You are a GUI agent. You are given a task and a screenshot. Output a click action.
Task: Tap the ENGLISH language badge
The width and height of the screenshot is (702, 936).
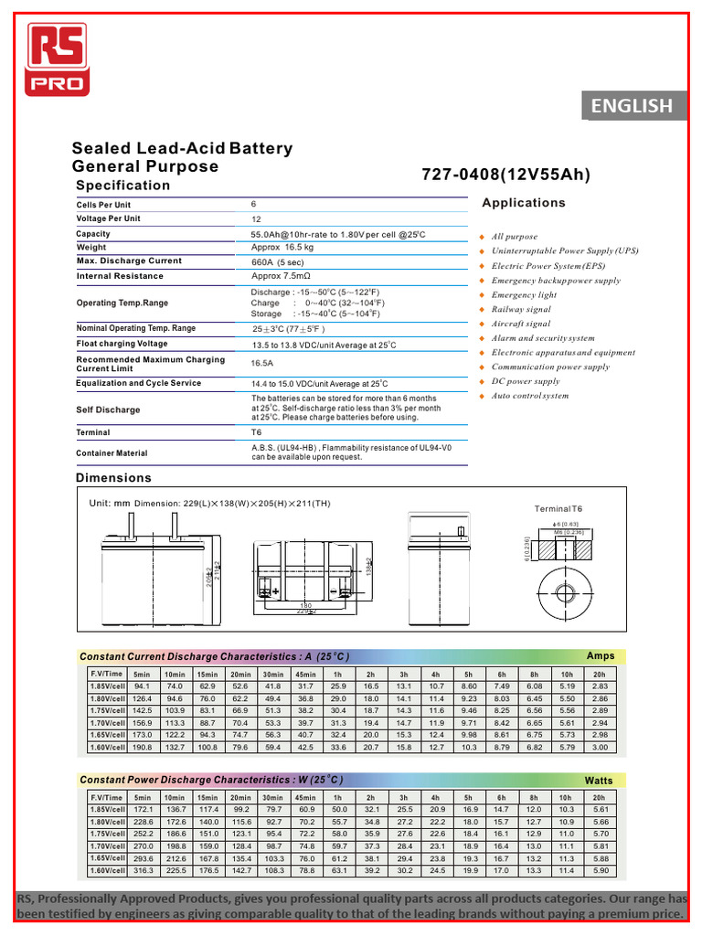[631, 106]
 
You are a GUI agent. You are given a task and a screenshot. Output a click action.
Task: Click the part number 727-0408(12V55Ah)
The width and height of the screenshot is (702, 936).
[505, 175]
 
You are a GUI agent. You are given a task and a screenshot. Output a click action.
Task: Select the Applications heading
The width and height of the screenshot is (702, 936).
[524, 203]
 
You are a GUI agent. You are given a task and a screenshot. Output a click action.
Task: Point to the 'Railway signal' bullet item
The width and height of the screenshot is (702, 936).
[521, 310]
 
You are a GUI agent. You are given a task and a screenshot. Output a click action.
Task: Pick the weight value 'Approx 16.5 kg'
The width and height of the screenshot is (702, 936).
[282, 248]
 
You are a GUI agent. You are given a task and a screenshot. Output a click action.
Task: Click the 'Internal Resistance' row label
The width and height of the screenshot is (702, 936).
[120, 276]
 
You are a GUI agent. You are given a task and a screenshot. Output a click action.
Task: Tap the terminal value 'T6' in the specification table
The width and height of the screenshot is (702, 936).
[257, 432]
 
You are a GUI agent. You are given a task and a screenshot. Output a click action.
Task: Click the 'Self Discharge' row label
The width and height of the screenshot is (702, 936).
[108, 410]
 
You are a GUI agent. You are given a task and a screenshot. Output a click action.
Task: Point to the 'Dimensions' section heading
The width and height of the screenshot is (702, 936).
[113, 478]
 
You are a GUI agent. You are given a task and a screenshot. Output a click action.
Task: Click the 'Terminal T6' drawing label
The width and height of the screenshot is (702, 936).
[558, 508]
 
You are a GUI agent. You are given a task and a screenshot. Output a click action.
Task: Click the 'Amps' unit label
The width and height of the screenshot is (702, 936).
[601, 656]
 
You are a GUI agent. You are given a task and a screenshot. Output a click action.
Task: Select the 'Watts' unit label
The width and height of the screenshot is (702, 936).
[599, 781]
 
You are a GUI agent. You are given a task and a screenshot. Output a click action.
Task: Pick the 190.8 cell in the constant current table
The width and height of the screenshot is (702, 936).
[142, 747]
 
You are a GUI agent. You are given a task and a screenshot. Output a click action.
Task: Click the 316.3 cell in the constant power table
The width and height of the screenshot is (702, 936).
[142, 870]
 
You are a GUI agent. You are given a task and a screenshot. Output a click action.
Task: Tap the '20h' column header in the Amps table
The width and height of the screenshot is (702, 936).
[600, 674]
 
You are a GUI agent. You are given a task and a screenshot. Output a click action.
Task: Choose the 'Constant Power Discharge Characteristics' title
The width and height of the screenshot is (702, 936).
[211, 780]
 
